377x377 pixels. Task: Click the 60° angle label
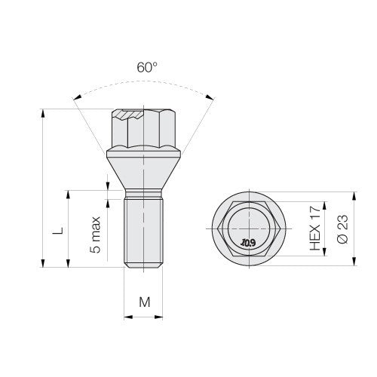click(147, 67)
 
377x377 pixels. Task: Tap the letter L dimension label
click(58, 231)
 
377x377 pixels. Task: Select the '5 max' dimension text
click(95, 234)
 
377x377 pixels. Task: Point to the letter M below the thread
click(145, 302)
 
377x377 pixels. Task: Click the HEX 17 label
click(315, 228)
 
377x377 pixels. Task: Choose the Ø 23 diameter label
click(342, 229)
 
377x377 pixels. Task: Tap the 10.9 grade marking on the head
click(248, 243)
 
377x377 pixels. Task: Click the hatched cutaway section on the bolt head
click(128, 115)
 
